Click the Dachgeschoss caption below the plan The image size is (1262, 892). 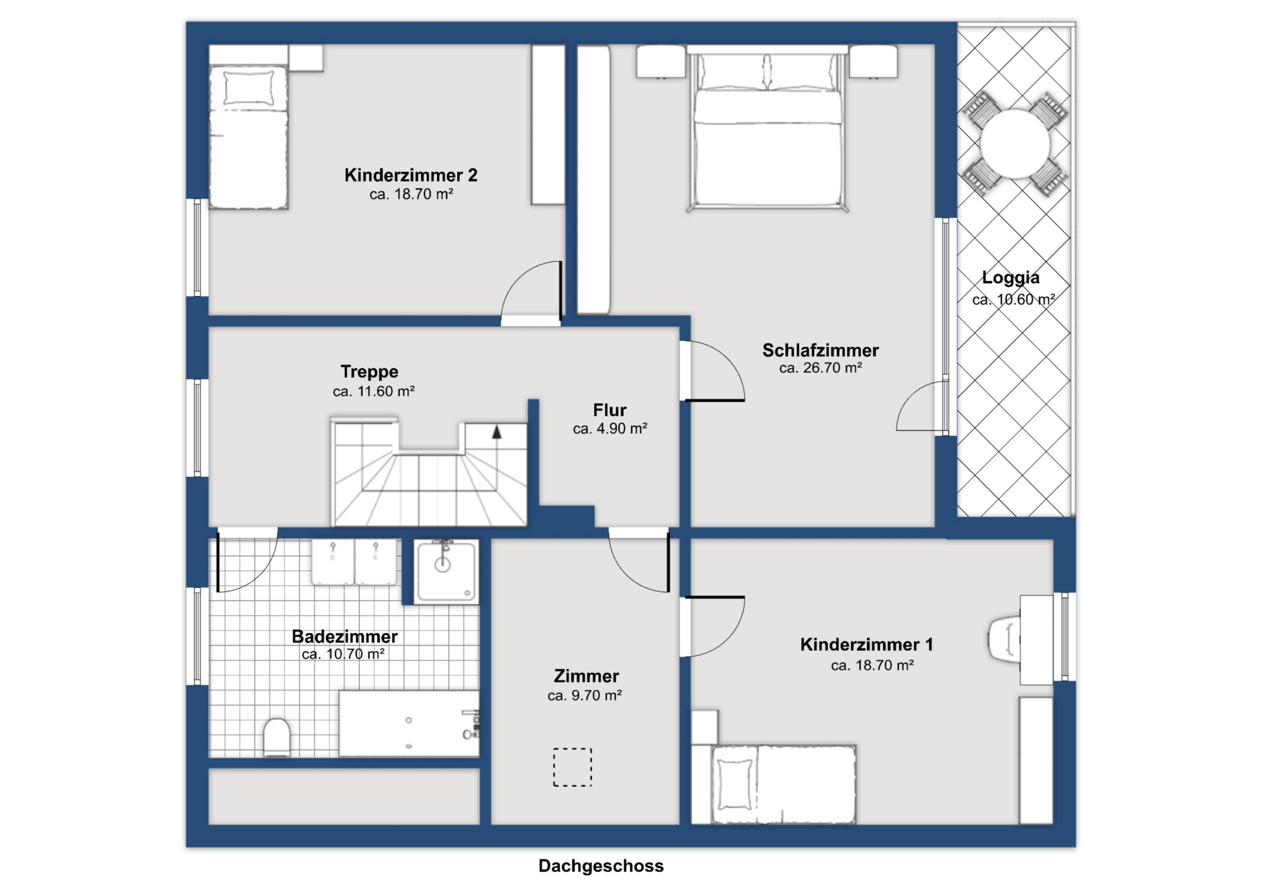tap(601, 866)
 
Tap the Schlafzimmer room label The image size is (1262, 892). tap(820, 350)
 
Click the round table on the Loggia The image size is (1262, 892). tap(1015, 144)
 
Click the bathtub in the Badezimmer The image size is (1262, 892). tap(409, 723)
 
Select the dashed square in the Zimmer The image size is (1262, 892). tap(572, 767)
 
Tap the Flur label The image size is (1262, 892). tap(610, 410)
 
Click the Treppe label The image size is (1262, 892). tap(369, 372)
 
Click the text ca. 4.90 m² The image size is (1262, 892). tap(610, 429)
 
